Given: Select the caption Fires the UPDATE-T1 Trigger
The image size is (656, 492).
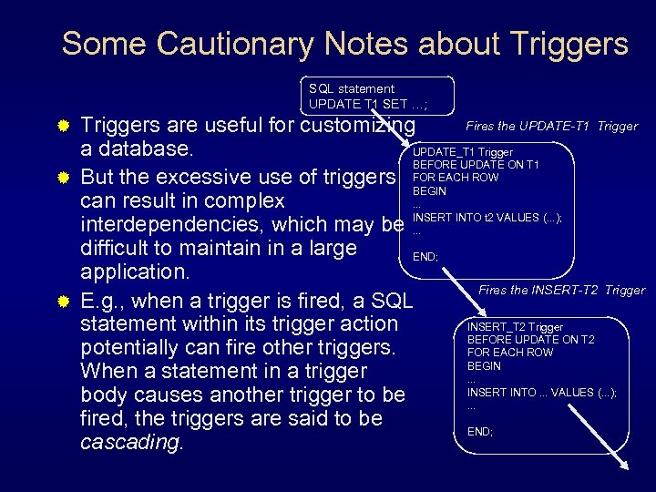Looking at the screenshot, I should click(x=551, y=126).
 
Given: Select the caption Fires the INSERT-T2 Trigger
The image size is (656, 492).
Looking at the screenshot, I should click(x=561, y=290).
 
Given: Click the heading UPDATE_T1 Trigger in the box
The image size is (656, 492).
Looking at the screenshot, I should click(x=463, y=152).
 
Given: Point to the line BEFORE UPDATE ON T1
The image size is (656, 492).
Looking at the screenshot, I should click(x=476, y=165).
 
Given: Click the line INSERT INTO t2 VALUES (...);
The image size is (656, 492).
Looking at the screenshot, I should click(x=487, y=218).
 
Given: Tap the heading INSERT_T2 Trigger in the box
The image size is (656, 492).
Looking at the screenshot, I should click(x=515, y=327).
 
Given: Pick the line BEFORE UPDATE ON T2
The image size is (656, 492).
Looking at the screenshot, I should click(x=530, y=340).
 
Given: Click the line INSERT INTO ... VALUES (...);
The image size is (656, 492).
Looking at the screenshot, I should click(x=542, y=393).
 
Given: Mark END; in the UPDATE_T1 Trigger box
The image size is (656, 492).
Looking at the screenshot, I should click(x=425, y=257).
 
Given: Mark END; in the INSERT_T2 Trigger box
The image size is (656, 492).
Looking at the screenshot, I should click(x=480, y=432).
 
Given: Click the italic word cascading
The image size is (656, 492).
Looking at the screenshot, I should click(x=130, y=443).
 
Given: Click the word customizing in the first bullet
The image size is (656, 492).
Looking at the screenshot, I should click(x=363, y=125).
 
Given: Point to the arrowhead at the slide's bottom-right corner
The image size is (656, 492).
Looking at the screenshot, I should click(x=625, y=467).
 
